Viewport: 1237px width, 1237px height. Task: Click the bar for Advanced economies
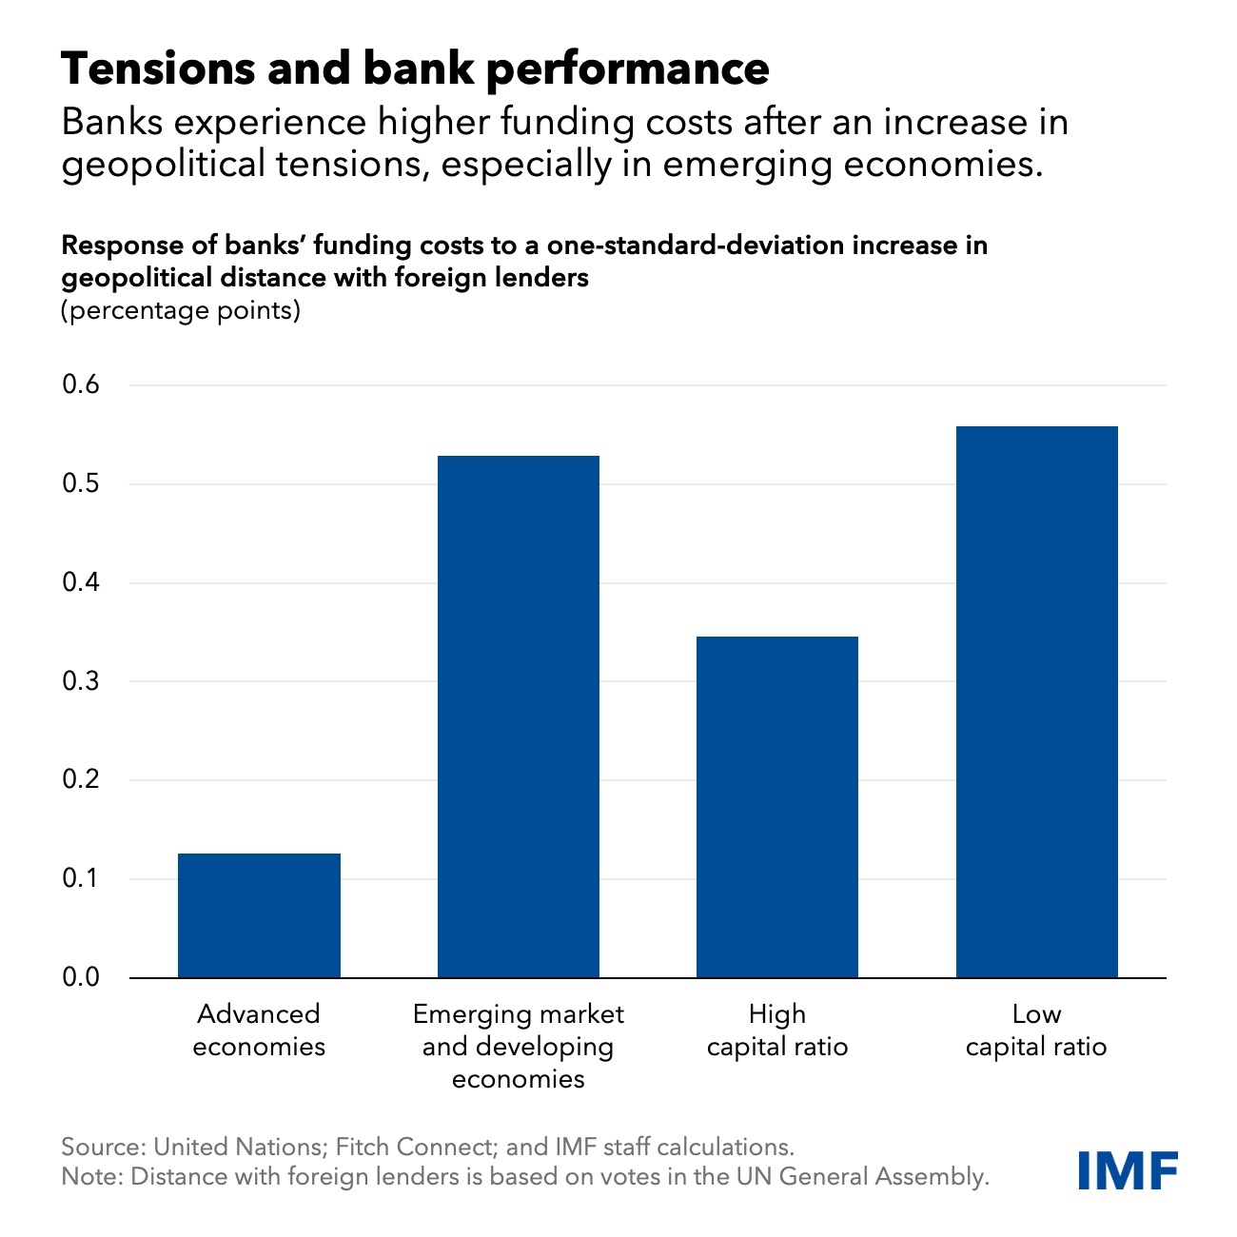pyautogui.click(x=259, y=915)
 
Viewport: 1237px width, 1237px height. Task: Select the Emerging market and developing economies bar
pyautogui.click(x=519, y=717)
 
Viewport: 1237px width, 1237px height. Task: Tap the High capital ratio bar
pyautogui.click(x=777, y=807)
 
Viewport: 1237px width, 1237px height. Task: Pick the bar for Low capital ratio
pyautogui.click(x=1036, y=701)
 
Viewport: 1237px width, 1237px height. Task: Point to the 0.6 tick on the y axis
pyautogui.click(x=81, y=385)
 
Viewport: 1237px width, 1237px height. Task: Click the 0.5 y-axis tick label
pyautogui.click(x=81, y=484)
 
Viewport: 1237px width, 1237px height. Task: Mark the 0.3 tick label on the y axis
pyautogui.click(x=81, y=681)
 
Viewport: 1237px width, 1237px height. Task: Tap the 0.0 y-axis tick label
pyautogui.click(x=81, y=977)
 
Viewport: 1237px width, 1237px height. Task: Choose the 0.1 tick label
pyautogui.click(x=81, y=878)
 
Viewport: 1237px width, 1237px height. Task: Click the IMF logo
pyautogui.click(x=1129, y=1170)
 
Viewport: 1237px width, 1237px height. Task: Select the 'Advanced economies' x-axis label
pyautogui.click(x=259, y=1031)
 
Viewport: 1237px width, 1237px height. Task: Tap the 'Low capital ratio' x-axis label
pyautogui.click(x=1036, y=1031)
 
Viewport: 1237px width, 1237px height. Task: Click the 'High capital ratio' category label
pyautogui.click(x=777, y=1031)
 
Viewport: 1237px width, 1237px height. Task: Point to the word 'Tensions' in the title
pyautogui.click(x=156, y=69)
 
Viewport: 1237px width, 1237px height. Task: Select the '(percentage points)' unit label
pyautogui.click(x=181, y=310)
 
